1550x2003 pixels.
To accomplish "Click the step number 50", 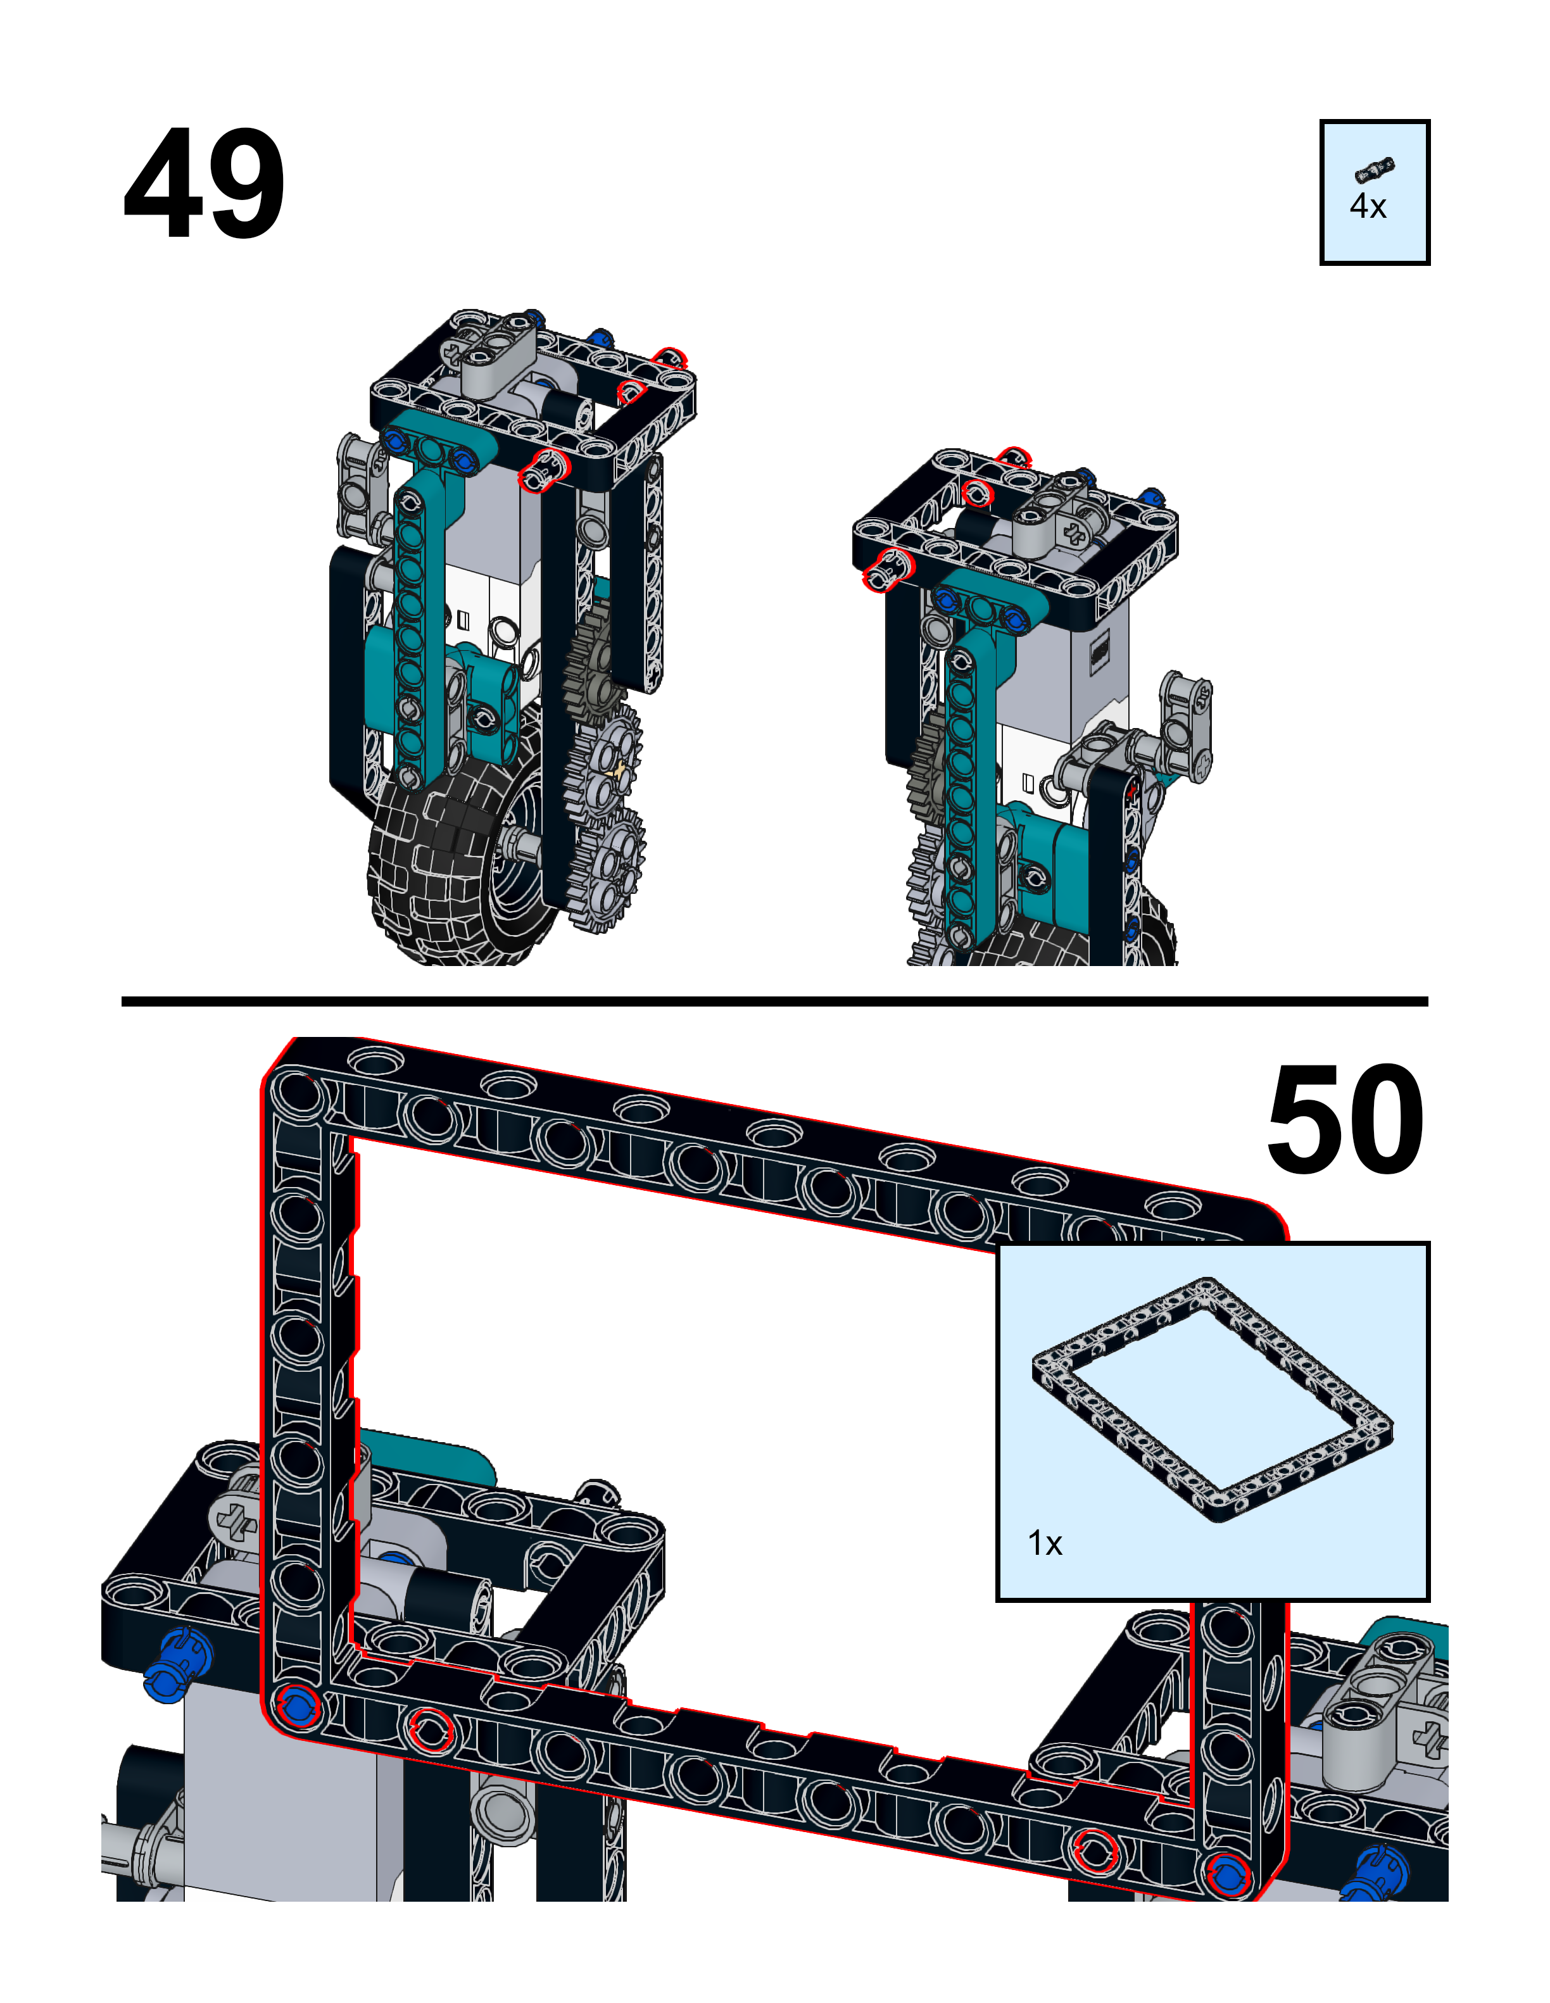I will tap(1345, 1120).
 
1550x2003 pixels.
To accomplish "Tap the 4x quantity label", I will tap(1366, 207).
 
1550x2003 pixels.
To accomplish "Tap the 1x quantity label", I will tap(1045, 1543).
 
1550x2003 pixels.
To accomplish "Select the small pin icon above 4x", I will tap(1374, 170).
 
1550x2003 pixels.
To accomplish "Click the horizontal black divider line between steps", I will tap(774, 1001).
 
